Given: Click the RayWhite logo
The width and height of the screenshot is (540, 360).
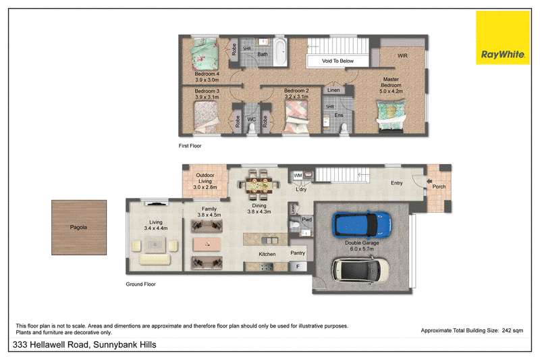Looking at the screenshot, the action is pyautogui.click(x=502, y=38).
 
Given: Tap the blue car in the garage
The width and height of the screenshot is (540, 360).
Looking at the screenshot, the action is pyautogui.click(x=362, y=224).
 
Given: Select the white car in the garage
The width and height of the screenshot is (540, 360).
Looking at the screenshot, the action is pyautogui.click(x=361, y=269).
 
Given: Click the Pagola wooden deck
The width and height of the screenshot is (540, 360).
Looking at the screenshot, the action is pyautogui.click(x=79, y=228).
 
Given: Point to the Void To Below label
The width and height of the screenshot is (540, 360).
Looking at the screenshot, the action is pyautogui.click(x=337, y=61).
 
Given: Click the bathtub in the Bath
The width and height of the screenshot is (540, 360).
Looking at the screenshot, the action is pyautogui.click(x=279, y=52).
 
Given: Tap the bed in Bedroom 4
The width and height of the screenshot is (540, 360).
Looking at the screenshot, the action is pyautogui.click(x=205, y=54).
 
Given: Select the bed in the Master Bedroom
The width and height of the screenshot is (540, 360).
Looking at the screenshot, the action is pyautogui.click(x=391, y=115).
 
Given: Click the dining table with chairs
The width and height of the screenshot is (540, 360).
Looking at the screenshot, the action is pyautogui.click(x=259, y=185).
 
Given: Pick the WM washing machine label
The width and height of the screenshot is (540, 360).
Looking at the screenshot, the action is pyautogui.click(x=298, y=176).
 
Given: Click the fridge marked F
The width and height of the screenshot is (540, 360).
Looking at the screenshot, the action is pyautogui.click(x=298, y=266).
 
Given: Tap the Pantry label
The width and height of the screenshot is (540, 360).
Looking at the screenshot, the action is pyautogui.click(x=298, y=253).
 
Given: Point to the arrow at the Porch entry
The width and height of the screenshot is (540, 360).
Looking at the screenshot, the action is pyautogui.click(x=429, y=181).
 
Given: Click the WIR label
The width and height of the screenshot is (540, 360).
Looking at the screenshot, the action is pyautogui.click(x=402, y=55).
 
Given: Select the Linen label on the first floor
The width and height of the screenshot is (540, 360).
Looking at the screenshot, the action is pyautogui.click(x=333, y=90).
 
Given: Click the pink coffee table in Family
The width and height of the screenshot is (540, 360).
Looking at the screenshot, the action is pyautogui.click(x=207, y=245).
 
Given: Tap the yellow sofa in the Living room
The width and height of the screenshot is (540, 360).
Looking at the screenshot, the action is pyautogui.click(x=155, y=259).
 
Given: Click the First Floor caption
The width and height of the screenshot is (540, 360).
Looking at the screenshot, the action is pyautogui.click(x=190, y=146).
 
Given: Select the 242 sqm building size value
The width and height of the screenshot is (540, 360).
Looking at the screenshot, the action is pyautogui.click(x=512, y=330).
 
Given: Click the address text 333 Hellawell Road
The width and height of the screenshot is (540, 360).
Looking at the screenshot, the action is pyautogui.click(x=51, y=344).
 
